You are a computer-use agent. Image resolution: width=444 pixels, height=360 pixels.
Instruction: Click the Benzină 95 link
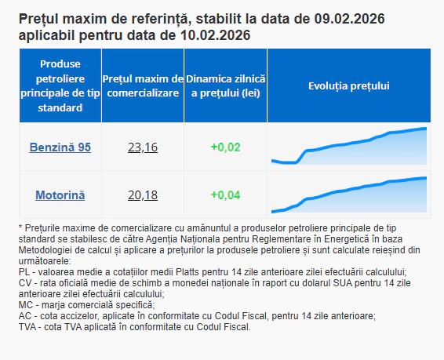pyautogui.click(x=60, y=147)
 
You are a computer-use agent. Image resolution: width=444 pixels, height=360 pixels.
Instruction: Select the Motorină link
pyautogui.click(x=60, y=195)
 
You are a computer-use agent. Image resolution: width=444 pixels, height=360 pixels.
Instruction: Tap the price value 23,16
pyautogui.click(x=143, y=147)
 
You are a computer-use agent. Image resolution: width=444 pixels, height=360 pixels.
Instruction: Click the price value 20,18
pyautogui.click(x=143, y=195)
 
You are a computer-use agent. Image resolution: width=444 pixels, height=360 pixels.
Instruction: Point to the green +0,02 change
pyautogui.click(x=226, y=147)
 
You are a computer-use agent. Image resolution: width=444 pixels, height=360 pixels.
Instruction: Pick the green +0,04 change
pyautogui.click(x=226, y=195)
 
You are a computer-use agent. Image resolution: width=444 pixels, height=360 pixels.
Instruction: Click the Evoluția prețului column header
pyautogui.click(x=348, y=86)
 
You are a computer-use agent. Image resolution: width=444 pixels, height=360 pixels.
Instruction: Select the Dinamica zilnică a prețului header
pyautogui.click(x=226, y=86)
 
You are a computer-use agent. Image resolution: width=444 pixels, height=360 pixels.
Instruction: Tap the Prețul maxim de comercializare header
pyautogui.click(x=143, y=86)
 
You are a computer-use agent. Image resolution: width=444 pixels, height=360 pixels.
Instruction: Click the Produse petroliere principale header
pyautogui.click(x=60, y=86)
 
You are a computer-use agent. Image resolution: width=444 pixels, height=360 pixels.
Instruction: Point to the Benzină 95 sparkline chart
pyautogui.click(x=348, y=147)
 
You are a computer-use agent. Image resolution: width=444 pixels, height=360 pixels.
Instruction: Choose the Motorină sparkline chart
pyautogui.click(x=348, y=195)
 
